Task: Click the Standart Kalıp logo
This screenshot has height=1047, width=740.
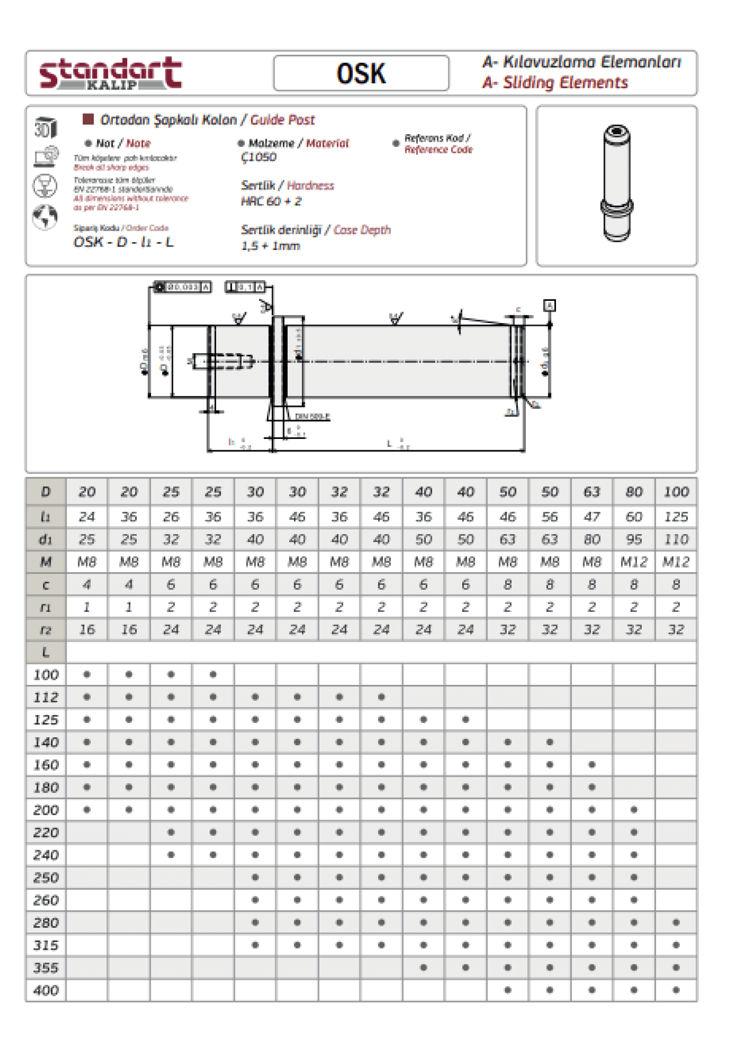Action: tap(111, 73)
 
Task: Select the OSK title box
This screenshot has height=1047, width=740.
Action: tap(361, 73)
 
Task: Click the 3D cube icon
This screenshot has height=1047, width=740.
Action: tap(45, 127)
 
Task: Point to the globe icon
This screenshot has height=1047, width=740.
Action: tap(45, 217)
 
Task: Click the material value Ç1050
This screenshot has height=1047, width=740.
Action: tap(259, 157)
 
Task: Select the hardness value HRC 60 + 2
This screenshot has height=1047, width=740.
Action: tap(271, 201)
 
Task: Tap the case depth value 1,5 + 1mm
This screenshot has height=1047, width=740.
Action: tap(270, 246)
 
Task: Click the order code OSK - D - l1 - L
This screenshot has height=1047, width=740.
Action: tap(123, 242)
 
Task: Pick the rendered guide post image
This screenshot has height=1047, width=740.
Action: tap(617, 183)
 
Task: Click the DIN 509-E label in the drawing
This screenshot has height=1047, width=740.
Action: tap(312, 417)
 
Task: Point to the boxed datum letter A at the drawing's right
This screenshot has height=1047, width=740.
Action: tap(549, 305)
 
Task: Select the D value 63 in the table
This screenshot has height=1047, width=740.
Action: tap(592, 492)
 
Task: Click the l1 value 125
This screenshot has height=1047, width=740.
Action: tap(675, 517)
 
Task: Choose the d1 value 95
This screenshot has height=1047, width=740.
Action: tap(633, 540)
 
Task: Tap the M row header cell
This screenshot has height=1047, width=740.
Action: tap(46, 562)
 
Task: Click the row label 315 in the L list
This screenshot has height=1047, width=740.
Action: tap(46, 945)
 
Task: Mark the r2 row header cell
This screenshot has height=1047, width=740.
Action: tap(46, 630)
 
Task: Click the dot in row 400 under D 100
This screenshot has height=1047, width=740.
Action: tap(676, 990)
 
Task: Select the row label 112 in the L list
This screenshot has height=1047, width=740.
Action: tap(46, 697)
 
